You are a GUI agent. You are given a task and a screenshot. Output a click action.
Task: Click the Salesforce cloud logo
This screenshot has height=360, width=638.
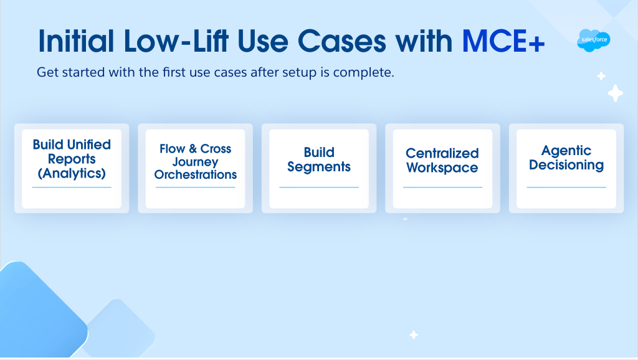(x=594, y=40)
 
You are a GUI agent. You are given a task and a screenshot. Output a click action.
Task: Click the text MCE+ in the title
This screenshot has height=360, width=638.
(x=503, y=41)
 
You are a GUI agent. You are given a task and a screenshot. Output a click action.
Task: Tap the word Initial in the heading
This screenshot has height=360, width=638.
(x=76, y=41)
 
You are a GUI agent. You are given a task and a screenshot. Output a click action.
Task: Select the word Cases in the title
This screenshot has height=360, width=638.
(x=342, y=41)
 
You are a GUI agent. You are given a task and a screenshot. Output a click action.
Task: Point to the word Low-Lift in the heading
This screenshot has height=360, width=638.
(x=176, y=41)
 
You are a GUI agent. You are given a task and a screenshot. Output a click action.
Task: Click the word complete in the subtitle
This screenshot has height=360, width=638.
(x=363, y=72)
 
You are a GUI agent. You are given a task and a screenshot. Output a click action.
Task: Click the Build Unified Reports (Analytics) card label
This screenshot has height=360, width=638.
(x=72, y=159)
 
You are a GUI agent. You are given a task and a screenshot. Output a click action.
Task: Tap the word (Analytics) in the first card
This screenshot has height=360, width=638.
(x=72, y=173)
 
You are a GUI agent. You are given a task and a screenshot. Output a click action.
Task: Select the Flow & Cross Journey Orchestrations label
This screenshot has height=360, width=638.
(x=195, y=161)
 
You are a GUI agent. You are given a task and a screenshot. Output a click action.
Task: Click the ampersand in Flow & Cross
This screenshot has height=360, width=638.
(x=193, y=148)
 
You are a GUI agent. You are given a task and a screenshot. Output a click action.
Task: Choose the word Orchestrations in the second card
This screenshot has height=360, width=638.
(x=195, y=174)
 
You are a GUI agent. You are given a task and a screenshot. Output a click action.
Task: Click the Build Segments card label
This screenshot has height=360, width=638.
(x=319, y=159)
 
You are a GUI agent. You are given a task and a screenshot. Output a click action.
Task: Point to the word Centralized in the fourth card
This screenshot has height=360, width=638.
(x=442, y=153)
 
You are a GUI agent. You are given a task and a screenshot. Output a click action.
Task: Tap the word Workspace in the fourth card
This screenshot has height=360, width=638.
(x=442, y=168)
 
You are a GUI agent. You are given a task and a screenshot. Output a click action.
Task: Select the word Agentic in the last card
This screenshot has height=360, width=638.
(x=566, y=151)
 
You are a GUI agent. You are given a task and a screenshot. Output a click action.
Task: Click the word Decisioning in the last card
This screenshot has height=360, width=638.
(x=566, y=165)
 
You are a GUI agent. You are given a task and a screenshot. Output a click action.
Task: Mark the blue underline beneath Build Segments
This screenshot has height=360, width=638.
(x=319, y=187)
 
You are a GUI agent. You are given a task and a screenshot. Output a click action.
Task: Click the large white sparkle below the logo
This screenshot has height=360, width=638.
(x=615, y=93)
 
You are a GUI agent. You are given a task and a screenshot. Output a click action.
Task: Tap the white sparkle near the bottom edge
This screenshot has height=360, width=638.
(x=414, y=335)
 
